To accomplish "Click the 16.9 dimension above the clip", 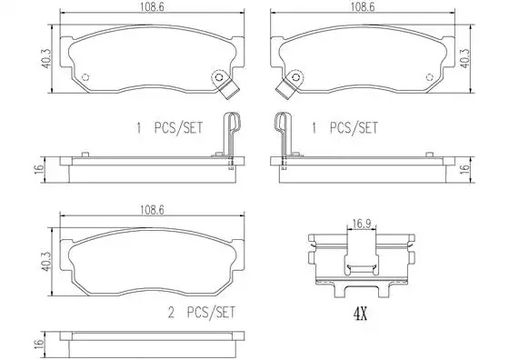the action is point(362,224).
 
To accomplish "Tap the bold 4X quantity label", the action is point(360,314).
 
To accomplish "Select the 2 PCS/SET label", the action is point(201,313).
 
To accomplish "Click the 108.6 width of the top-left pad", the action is point(153,7).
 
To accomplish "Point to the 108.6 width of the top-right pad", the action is point(363,7).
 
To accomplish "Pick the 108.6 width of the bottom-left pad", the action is point(153,210).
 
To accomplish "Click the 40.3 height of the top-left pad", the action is point(46,58).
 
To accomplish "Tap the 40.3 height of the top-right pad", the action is point(464,58).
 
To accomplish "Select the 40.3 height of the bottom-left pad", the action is point(46,262).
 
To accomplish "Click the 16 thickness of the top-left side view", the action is point(39,169).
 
